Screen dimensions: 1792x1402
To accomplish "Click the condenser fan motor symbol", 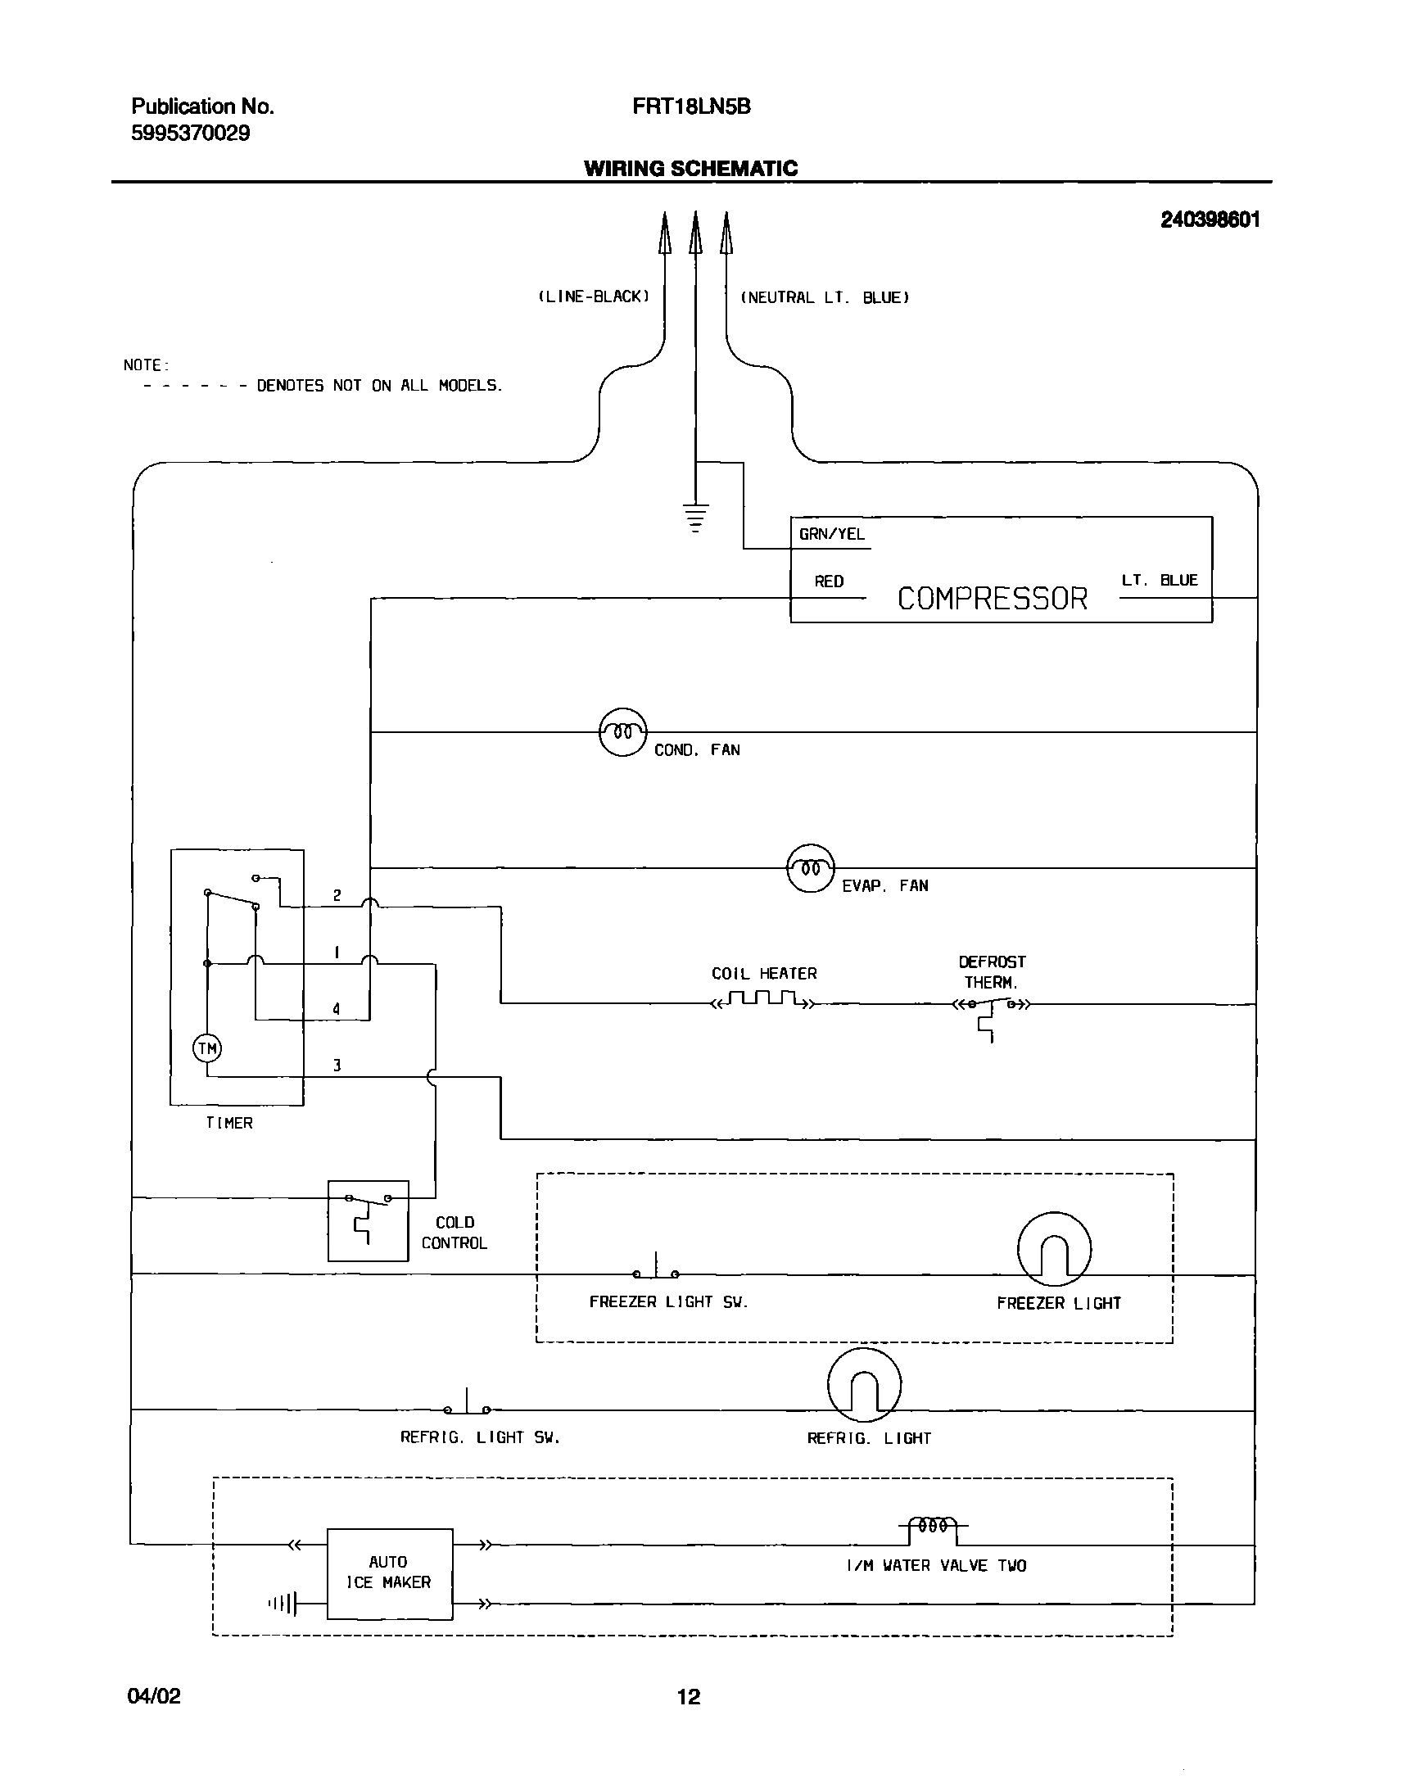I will pyautogui.click(x=623, y=731).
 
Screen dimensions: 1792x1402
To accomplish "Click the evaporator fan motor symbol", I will pyautogui.click(x=810, y=867).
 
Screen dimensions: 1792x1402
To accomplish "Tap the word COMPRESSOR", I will pyautogui.click(x=992, y=599).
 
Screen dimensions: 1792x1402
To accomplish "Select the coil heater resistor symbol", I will pyautogui.click(x=763, y=1000).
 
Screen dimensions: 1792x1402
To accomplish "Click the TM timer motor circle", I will pyautogui.click(x=207, y=1048).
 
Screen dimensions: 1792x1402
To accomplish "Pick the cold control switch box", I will pyautogui.click(x=368, y=1220).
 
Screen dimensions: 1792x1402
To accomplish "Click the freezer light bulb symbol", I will pyautogui.click(x=1054, y=1248).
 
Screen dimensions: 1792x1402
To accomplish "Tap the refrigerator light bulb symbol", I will pyautogui.click(x=864, y=1385).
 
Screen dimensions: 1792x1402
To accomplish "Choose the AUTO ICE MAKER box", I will pyautogui.click(x=389, y=1573).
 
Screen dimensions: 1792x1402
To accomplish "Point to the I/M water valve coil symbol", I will pyautogui.click(x=934, y=1526).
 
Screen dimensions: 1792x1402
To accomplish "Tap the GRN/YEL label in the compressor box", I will pyautogui.click(x=831, y=534).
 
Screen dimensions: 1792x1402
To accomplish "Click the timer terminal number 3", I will pyautogui.click(x=337, y=1066).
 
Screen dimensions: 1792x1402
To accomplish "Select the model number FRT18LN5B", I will pyautogui.click(x=691, y=106).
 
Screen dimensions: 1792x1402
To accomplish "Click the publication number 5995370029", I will pyautogui.click(x=191, y=133).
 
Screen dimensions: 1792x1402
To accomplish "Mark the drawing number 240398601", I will pyautogui.click(x=1209, y=219).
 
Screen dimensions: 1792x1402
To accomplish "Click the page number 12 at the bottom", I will pyautogui.click(x=689, y=1696).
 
